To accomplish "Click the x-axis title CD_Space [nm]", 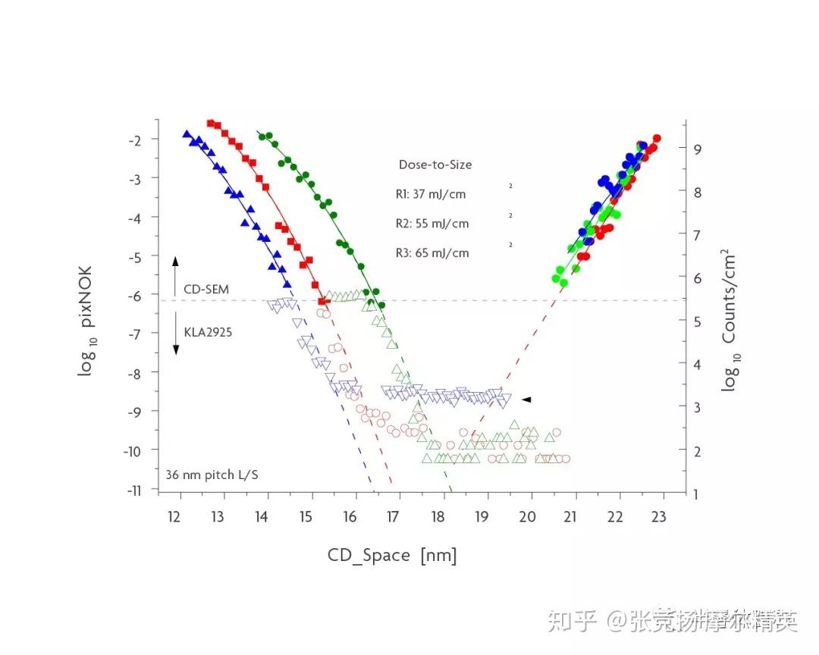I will [x=392, y=556].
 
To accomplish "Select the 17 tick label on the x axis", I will [x=394, y=517].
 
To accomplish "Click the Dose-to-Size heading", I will [x=435, y=165].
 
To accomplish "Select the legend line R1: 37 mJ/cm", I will [x=431, y=194].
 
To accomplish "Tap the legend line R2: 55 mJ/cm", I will [x=432, y=224].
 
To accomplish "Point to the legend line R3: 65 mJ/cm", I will [x=432, y=253].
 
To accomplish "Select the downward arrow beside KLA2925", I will [x=175, y=337].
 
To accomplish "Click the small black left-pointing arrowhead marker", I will [x=526, y=400].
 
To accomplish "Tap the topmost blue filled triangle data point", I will [x=187, y=133].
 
